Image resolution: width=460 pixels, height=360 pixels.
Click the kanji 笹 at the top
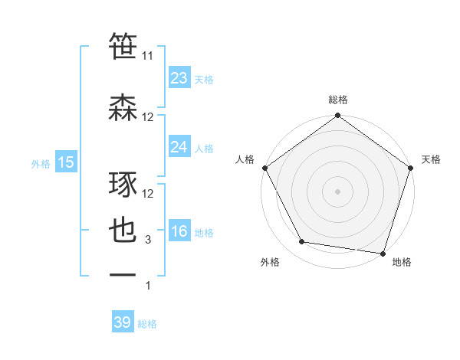click(123, 46)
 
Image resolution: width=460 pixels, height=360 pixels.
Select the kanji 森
click(123, 106)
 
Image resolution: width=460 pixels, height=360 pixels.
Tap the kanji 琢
click(123, 185)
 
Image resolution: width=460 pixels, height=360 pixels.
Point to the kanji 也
click(123, 231)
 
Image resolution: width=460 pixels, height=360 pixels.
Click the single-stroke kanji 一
click(123, 274)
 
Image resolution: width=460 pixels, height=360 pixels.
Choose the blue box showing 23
click(179, 78)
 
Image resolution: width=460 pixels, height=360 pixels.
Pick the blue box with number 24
click(179, 147)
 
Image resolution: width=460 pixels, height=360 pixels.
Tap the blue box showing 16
click(179, 232)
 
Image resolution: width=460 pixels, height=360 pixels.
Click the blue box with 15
click(66, 162)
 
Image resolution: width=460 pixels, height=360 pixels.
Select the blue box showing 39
click(123, 322)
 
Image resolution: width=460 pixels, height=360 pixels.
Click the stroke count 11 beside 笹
click(148, 56)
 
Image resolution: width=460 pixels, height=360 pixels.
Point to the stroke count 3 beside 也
click(148, 241)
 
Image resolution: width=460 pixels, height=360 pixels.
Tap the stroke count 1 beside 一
click(148, 286)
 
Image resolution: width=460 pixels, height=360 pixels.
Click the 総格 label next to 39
click(148, 324)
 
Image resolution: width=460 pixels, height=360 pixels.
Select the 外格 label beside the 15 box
click(41, 163)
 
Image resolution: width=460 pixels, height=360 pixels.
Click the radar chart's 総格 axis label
click(337, 100)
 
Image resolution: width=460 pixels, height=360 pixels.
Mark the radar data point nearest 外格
click(302, 242)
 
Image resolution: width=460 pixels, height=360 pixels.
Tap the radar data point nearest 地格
click(383, 254)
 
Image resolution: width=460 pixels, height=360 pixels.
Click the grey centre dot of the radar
click(337, 191)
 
